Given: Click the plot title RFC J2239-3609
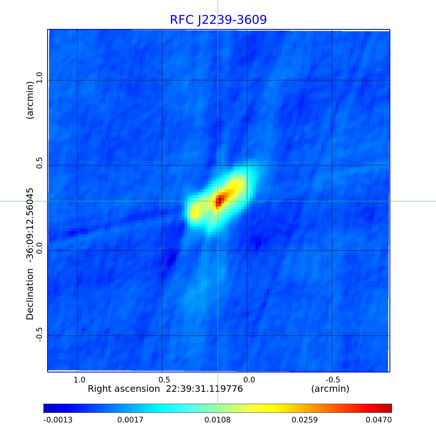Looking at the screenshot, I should pyautogui.click(x=218, y=20).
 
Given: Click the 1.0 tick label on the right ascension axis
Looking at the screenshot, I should pyautogui.click(x=79, y=380).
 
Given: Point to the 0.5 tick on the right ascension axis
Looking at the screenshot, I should pyautogui.click(x=164, y=380).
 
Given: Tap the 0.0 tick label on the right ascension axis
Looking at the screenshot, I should pyautogui.click(x=249, y=380).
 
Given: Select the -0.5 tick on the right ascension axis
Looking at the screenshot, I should pyautogui.click(x=332, y=380).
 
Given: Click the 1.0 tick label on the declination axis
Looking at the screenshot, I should pyautogui.click(x=39, y=78).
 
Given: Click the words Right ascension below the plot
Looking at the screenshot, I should pyautogui.click(x=124, y=389).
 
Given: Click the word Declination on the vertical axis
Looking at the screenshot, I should pyautogui.click(x=30, y=294).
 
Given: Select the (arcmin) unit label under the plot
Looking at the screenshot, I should pyautogui.click(x=330, y=389).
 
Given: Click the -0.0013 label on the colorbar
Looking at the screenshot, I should pyautogui.click(x=58, y=420).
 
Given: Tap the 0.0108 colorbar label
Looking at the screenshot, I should pyautogui.click(x=218, y=420).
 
